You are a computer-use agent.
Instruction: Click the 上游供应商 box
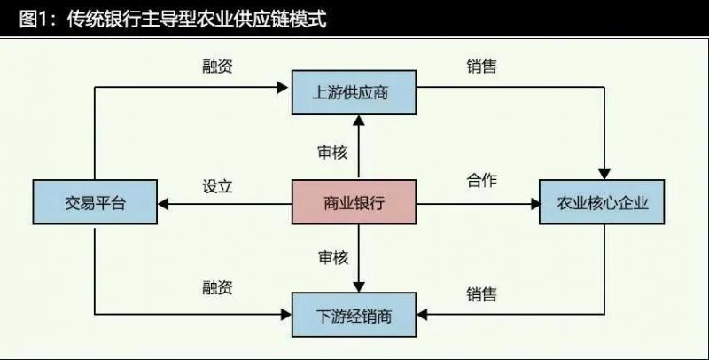click(356, 91)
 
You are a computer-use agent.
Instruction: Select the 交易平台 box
click(95, 203)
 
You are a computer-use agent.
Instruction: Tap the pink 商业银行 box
click(354, 203)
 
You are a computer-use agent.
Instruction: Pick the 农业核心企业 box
click(604, 203)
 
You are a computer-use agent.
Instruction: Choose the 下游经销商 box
click(354, 316)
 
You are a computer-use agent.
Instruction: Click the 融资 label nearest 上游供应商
click(217, 67)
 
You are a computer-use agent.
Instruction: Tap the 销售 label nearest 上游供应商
click(481, 67)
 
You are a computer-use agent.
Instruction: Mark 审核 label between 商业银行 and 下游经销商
click(332, 257)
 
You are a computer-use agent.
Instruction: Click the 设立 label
click(217, 186)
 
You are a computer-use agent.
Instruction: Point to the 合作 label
click(481, 181)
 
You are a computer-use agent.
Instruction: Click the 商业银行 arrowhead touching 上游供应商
click(357, 121)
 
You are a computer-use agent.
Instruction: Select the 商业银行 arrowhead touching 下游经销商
click(357, 286)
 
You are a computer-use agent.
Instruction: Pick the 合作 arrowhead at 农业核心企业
click(534, 203)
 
